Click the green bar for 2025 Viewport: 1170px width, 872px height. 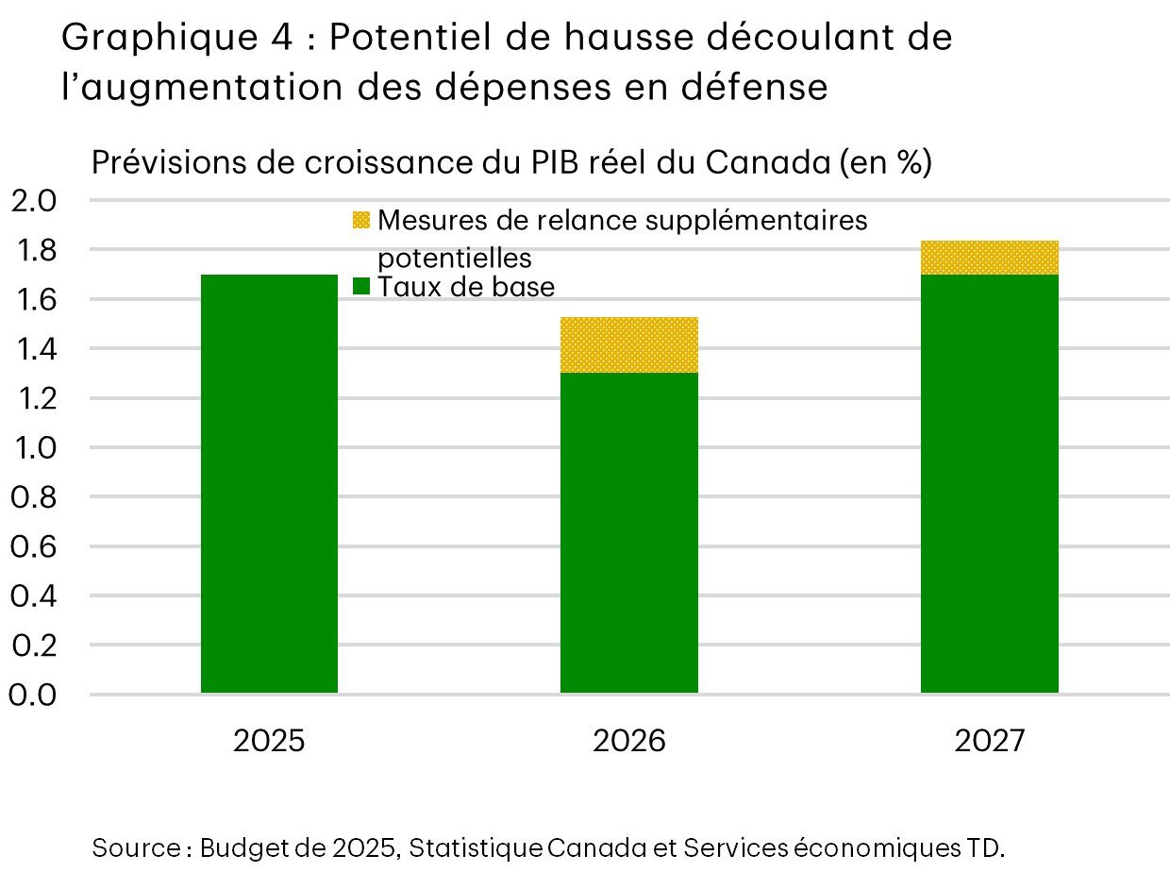tap(270, 484)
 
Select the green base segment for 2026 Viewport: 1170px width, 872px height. tap(629, 533)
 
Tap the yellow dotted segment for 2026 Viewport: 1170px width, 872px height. tap(629, 345)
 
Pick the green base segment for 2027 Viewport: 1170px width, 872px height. tap(989, 484)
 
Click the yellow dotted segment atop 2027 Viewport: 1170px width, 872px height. tap(989, 258)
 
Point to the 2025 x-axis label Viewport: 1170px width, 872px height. tap(270, 741)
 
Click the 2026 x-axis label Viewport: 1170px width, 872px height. tap(629, 741)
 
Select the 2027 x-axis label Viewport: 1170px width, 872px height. tap(989, 741)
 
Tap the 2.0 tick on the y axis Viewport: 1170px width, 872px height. tap(34, 201)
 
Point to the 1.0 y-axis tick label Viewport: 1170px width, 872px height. tap(34, 447)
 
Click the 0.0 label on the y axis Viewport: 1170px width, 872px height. tap(34, 695)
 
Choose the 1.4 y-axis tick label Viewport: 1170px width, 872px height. tap(34, 349)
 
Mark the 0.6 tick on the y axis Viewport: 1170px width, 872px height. tap(34, 546)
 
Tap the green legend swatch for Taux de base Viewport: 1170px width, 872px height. tap(361, 286)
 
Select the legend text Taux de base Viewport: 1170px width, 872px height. tap(466, 286)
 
